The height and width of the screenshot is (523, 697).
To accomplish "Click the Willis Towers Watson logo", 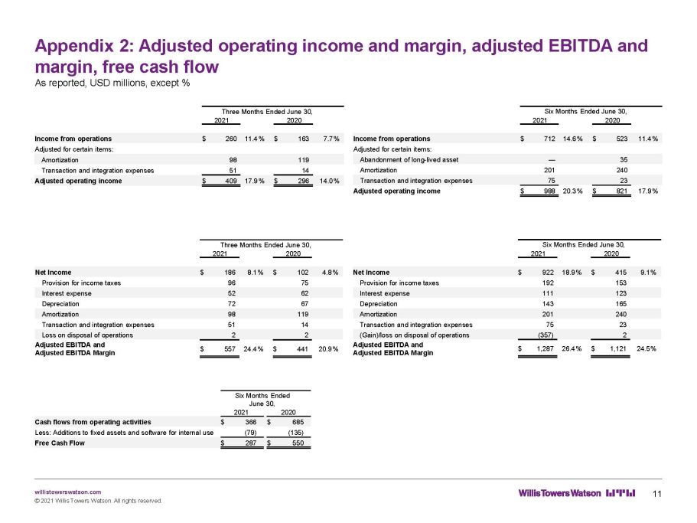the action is click(x=577, y=493).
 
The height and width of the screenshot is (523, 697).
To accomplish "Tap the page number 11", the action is click(x=657, y=494).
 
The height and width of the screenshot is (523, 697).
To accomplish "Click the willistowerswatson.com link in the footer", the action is click(x=67, y=492).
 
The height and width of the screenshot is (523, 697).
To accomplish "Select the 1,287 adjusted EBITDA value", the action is click(x=545, y=348).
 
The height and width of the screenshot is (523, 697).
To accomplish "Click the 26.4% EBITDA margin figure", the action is click(x=572, y=348).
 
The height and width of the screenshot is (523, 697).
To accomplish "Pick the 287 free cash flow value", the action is click(x=251, y=443).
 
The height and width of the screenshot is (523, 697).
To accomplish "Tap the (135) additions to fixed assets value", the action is click(x=295, y=433).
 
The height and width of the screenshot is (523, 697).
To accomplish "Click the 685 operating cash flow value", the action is click(x=298, y=422).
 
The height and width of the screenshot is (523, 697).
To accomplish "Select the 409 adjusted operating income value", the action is click(x=231, y=181).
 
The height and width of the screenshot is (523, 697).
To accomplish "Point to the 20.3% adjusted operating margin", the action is click(x=572, y=191).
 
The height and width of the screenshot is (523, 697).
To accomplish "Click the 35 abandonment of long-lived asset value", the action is click(x=624, y=160).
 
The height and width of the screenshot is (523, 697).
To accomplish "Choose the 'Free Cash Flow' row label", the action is click(x=60, y=443).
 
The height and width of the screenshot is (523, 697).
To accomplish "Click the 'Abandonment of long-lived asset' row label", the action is click(x=409, y=160).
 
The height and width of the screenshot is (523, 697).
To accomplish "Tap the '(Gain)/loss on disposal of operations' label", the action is click(x=414, y=335).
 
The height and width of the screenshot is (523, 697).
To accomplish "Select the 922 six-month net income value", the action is click(x=548, y=272).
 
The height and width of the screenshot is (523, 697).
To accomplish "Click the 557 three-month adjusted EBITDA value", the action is click(x=230, y=349).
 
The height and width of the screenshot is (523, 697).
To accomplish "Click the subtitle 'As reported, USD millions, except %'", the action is click(x=112, y=83).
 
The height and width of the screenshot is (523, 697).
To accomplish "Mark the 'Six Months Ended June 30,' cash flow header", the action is click(x=262, y=400).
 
